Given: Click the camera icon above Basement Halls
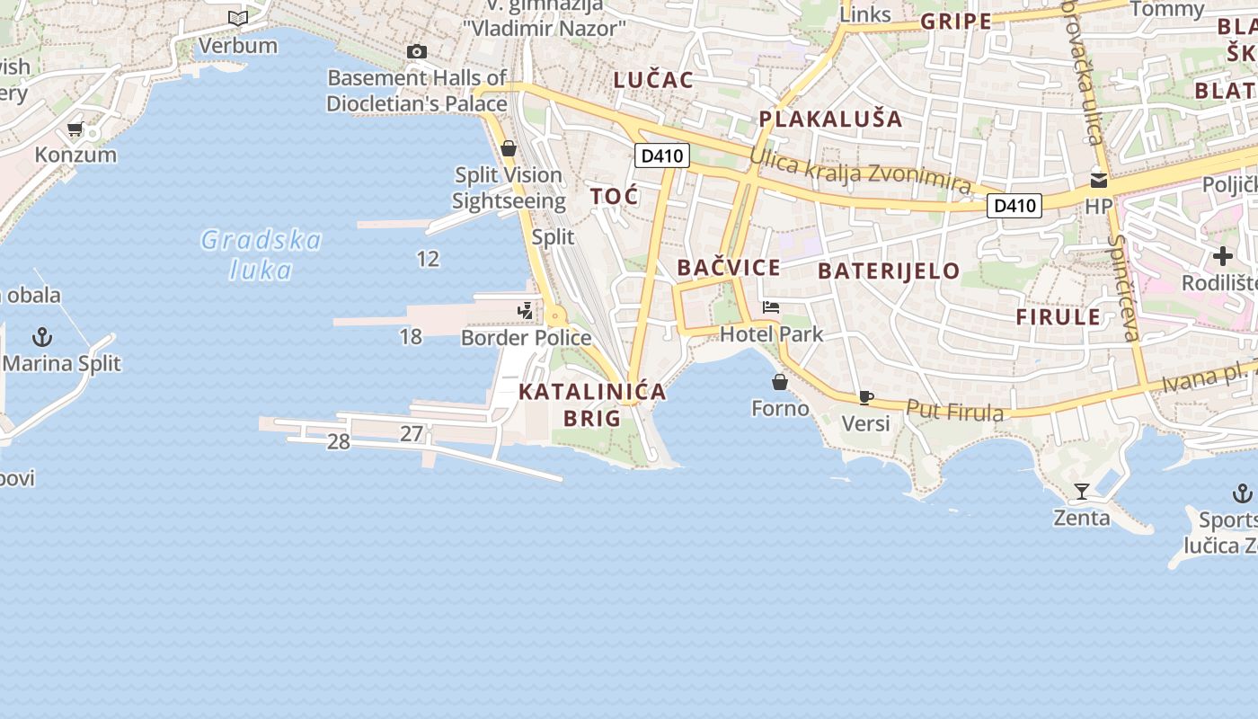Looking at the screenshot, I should click(416, 52).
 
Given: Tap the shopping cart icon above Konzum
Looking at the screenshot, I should click(75, 129).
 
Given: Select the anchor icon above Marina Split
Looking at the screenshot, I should click(41, 338).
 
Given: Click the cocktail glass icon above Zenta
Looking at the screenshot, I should click(1082, 492).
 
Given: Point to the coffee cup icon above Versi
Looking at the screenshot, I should click(865, 397).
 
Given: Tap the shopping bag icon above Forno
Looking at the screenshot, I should click(780, 383).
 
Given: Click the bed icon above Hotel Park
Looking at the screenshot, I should click(771, 307).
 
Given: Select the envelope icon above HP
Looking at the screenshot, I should click(1098, 181).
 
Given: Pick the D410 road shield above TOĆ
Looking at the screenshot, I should click(662, 155).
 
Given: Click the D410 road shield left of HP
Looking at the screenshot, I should click(1014, 206).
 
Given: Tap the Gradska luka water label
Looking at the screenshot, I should click(261, 254).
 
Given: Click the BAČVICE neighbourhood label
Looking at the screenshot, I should click(729, 268).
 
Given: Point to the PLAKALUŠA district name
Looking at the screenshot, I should click(830, 120).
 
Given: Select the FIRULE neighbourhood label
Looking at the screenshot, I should click(1058, 316).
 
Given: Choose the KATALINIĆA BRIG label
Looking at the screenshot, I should click(593, 404).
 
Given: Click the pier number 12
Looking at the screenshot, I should click(428, 260).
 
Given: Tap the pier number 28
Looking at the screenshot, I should click(338, 441).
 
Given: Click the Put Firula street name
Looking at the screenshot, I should click(954, 411).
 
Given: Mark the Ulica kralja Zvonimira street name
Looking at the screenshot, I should click(860, 171).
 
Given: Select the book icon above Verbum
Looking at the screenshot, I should click(237, 18).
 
